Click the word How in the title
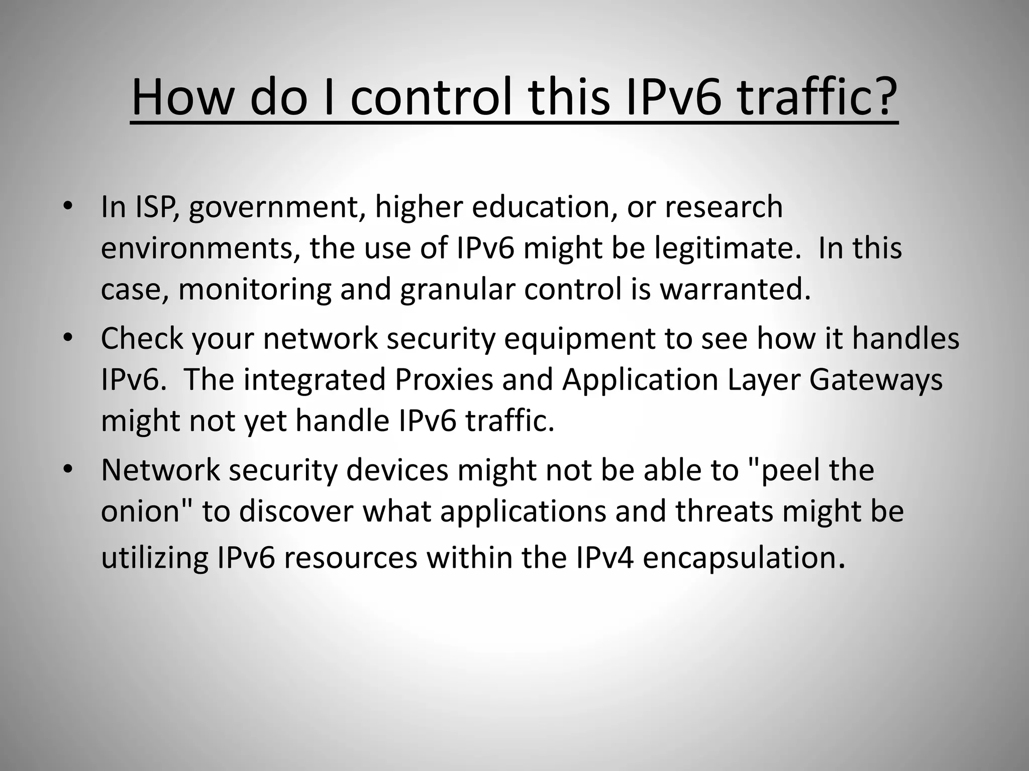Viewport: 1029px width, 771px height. pyautogui.click(x=180, y=96)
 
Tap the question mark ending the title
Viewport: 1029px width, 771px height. pyautogui.click(x=881, y=96)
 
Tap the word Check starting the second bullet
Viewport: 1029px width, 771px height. pyautogui.click(x=142, y=338)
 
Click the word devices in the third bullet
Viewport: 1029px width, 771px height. pyautogui.click(x=397, y=470)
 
